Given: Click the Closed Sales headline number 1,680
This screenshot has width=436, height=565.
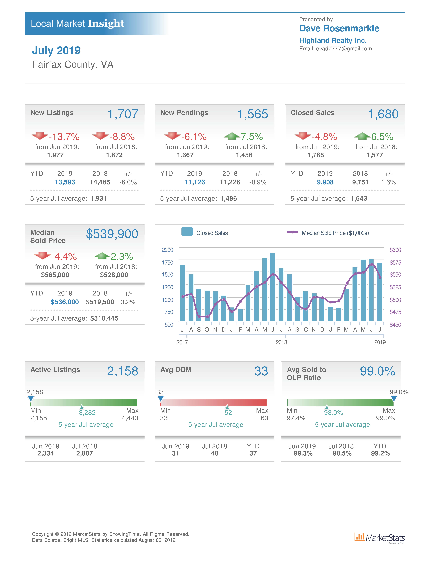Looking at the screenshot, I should [383, 114].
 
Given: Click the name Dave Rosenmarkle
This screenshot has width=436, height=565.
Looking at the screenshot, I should [339, 28].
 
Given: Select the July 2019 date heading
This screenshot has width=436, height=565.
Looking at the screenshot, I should [56, 50].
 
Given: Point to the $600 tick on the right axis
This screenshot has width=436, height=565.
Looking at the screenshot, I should [395, 250].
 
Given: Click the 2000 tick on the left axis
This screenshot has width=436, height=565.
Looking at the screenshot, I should [167, 250].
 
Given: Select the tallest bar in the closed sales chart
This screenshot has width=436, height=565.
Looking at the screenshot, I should [272, 287].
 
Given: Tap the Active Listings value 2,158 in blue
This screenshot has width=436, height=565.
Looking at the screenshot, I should [123, 371].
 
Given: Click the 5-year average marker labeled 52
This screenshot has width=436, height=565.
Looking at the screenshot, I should [227, 407].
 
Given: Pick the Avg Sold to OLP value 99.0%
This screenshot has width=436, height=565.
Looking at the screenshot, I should [377, 371].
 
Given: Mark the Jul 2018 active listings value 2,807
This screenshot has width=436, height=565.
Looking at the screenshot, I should [84, 453].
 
